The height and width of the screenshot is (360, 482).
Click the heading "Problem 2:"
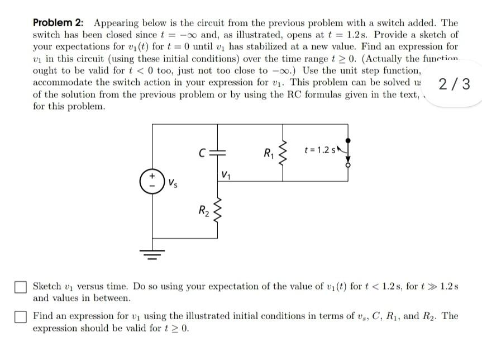coord(58,23)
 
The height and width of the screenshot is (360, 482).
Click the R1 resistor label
coord(269,151)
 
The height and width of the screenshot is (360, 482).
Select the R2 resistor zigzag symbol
coord(219,213)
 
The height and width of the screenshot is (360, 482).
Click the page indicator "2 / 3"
coord(455,85)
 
